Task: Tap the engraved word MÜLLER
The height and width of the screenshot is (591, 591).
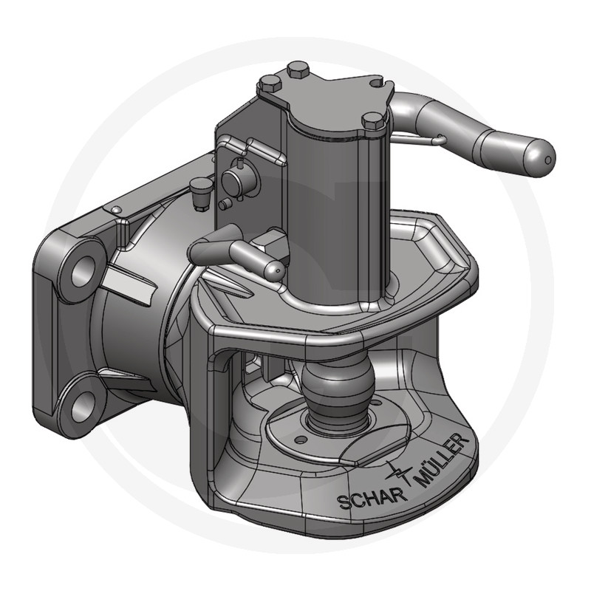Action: pyautogui.click(x=441, y=460)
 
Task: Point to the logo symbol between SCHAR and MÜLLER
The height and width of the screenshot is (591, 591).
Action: pyautogui.click(x=399, y=472)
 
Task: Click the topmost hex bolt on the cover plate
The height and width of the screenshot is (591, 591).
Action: pyautogui.click(x=298, y=70)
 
